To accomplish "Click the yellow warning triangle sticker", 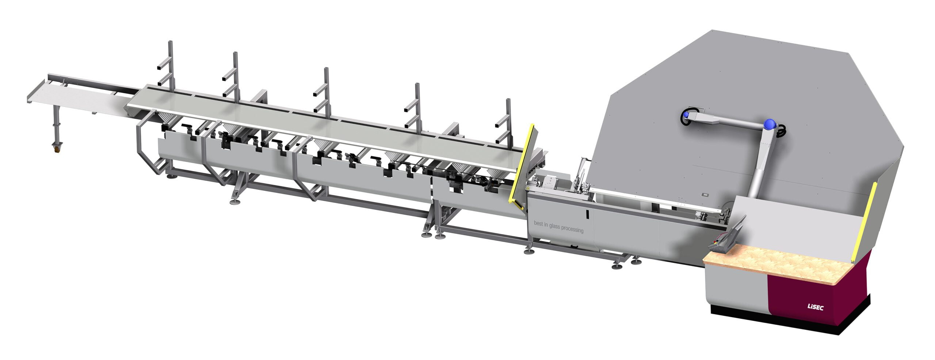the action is pos(528,187).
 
